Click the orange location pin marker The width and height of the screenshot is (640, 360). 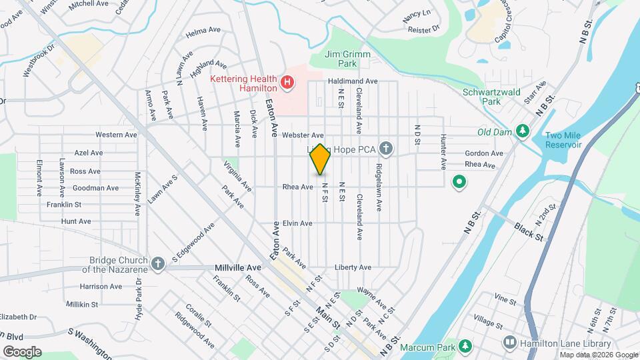320,159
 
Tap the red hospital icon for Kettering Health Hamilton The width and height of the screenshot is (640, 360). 287,83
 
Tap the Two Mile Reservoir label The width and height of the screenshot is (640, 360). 563,140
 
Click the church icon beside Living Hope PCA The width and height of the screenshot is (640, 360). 385,147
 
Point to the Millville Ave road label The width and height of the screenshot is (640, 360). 238,267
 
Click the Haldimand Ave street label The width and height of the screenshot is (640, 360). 353,81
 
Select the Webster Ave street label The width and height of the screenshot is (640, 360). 302,135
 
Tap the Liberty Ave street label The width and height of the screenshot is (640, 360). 353,267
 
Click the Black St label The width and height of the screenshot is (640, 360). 529,231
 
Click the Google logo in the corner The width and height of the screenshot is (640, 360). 21,351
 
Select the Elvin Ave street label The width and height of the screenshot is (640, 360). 298,223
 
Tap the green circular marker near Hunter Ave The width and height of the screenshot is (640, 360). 459,181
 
